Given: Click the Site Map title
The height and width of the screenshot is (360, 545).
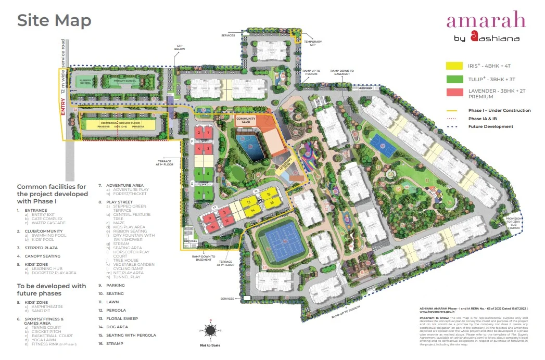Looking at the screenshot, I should click(x=54, y=20).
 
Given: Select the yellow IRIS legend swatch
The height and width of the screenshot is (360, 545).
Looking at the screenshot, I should click(x=454, y=66).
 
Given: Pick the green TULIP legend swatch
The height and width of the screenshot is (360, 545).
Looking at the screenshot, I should click(x=454, y=79).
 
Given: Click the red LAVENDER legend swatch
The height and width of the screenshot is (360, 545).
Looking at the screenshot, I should click(x=454, y=93).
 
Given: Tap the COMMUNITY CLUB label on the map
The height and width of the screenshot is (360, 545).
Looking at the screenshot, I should click(x=246, y=120).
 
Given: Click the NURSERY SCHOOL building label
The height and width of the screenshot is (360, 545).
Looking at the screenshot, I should click(x=85, y=82).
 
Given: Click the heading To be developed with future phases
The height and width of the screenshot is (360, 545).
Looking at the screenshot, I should click(x=52, y=289).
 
